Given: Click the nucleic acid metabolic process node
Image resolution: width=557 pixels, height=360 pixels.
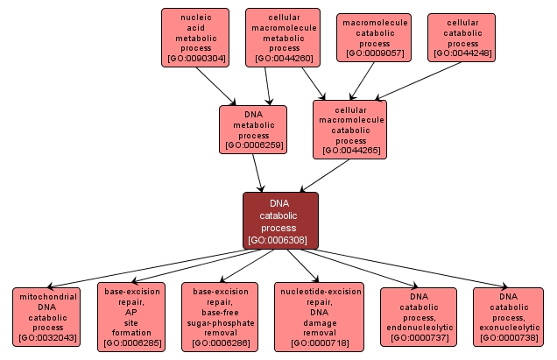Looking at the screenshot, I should [194, 38].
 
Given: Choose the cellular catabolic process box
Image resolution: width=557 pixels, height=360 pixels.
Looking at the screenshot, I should [462, 38].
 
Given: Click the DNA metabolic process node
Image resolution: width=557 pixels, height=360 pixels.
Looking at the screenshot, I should [253, 130].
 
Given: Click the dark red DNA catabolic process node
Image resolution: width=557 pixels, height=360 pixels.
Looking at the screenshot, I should [280, 221].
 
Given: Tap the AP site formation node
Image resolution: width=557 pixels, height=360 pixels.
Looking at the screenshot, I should [130, 316].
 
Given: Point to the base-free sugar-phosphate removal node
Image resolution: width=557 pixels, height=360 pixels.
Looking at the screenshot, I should [220, 316].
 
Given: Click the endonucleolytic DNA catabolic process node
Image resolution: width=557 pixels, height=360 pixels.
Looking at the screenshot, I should [419, 316].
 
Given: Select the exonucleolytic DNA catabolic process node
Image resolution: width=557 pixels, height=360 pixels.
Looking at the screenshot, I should [508, 316].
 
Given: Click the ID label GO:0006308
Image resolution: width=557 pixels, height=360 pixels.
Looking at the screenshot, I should [280, 239].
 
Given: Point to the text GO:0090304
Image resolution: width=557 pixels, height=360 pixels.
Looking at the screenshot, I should [194, 60].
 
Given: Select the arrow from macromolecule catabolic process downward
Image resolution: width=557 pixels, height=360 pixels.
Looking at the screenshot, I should [364, 80].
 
